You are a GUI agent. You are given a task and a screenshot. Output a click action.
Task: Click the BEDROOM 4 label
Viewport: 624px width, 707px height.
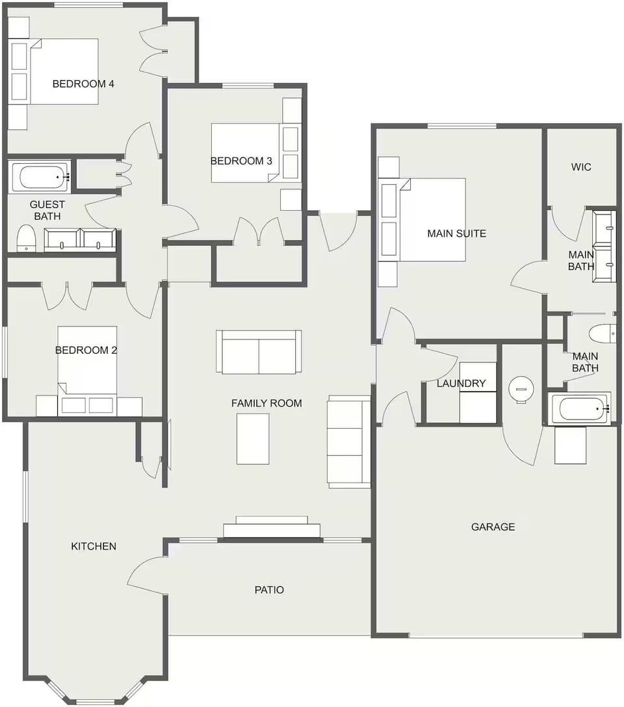coord(83,83)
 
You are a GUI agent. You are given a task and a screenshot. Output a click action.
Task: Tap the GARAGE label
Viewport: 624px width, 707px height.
coord(493,527)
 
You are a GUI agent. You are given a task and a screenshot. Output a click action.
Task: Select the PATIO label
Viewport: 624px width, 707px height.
coord(269,590)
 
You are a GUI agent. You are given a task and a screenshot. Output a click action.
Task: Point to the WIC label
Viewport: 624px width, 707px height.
coord(581,167)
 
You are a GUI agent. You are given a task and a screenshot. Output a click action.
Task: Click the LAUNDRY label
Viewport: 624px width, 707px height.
coord(461,383)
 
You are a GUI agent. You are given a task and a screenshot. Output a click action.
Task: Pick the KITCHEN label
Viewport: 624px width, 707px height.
coord(94,546)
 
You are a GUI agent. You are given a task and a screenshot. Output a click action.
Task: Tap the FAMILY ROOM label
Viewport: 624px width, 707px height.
coord(266,403)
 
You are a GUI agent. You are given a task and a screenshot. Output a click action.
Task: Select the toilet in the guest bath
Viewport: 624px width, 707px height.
coord(26,237)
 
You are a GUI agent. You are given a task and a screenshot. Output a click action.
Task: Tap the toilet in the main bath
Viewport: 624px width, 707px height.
coord(602,334)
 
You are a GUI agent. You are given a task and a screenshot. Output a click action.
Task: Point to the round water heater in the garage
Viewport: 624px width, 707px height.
coord(521,389)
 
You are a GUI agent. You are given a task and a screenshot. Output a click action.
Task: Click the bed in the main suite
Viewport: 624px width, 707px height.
coord(432,220)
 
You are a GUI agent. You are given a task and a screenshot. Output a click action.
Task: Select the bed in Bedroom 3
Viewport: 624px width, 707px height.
coord(247,153)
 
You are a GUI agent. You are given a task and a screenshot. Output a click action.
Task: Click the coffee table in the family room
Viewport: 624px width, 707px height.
coord(253,438)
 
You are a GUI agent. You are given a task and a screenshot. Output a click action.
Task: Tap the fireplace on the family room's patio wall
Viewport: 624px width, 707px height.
coord(272,527)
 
